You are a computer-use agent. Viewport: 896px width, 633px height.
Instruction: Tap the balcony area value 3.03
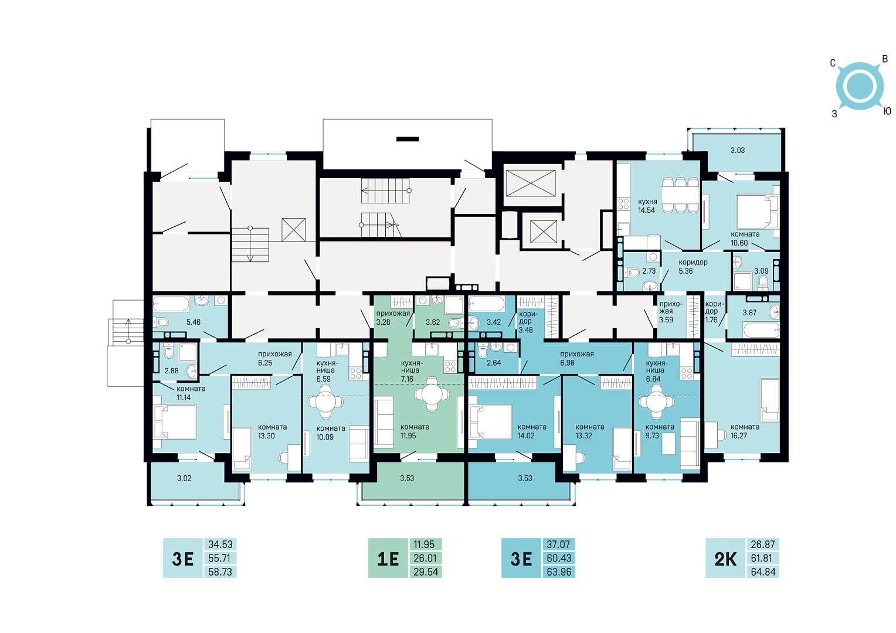click(x=738, y=151)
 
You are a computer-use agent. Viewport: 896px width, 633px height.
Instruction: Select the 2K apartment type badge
click(x=725, y=559)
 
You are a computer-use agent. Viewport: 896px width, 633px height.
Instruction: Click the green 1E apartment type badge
click(x=388, y=559)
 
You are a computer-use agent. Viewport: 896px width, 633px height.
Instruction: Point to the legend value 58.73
click(x=220, y=572)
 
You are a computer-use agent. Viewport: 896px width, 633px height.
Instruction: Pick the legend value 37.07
click(x=558, y=544)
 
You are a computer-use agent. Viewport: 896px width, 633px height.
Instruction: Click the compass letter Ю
click(x=887, y=111)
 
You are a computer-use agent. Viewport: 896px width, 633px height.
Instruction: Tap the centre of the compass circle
click(x=860, y=86)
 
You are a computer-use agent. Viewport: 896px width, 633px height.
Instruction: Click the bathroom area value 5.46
click(x=193, y=322)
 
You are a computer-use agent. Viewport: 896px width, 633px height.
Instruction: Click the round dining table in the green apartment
click(x=432, y=394)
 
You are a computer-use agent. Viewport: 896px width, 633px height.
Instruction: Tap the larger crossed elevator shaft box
click(x=531, y=183)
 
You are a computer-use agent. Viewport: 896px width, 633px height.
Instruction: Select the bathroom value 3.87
click(x=749, y=313)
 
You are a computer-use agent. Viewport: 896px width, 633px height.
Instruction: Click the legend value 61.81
click(x=762, y=558)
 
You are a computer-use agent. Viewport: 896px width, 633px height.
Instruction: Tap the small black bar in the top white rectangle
click(x=407, y=139)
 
